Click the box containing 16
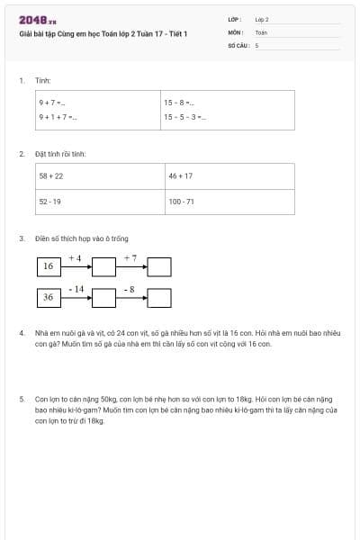[49, 266]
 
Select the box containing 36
[49, 297]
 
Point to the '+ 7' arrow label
[130, 258]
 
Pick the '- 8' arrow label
[130, 289]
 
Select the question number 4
[22, 332]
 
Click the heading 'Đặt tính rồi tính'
[60, 154]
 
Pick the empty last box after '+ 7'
[159, 266]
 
